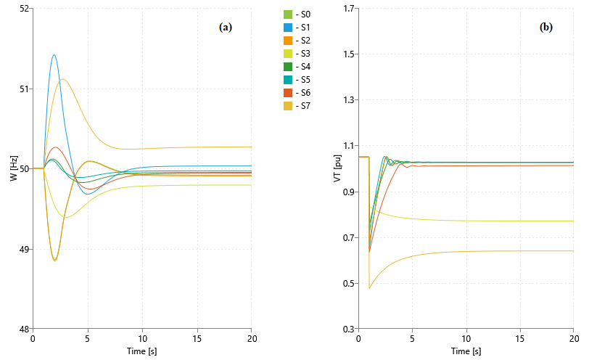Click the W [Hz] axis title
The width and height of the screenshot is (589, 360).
tap(14, 168)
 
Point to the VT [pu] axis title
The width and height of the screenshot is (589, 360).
tap(337, 168)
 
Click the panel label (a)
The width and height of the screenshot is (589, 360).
tap(226, 27)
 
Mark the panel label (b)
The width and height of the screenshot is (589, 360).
tap(546, 27)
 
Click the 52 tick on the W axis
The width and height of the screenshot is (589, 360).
tap(23, 9)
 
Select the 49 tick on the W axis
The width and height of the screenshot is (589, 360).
tap(23, 249)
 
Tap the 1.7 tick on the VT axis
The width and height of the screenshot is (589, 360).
tap(347, 9)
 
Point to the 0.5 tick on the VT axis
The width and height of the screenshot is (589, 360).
tap(347, 283)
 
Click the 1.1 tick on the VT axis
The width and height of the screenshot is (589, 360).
tap(347, 146)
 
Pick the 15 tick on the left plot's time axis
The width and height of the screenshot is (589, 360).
tap(197, 339)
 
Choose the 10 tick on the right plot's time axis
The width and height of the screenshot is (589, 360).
tap(466, 339)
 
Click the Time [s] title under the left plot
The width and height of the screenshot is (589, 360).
tap(142, 351)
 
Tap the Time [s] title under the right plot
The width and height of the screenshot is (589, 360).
tap(466, 351)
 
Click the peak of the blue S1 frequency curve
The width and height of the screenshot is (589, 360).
tap(54, 55)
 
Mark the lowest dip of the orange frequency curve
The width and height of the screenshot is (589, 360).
tap(54, 260)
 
